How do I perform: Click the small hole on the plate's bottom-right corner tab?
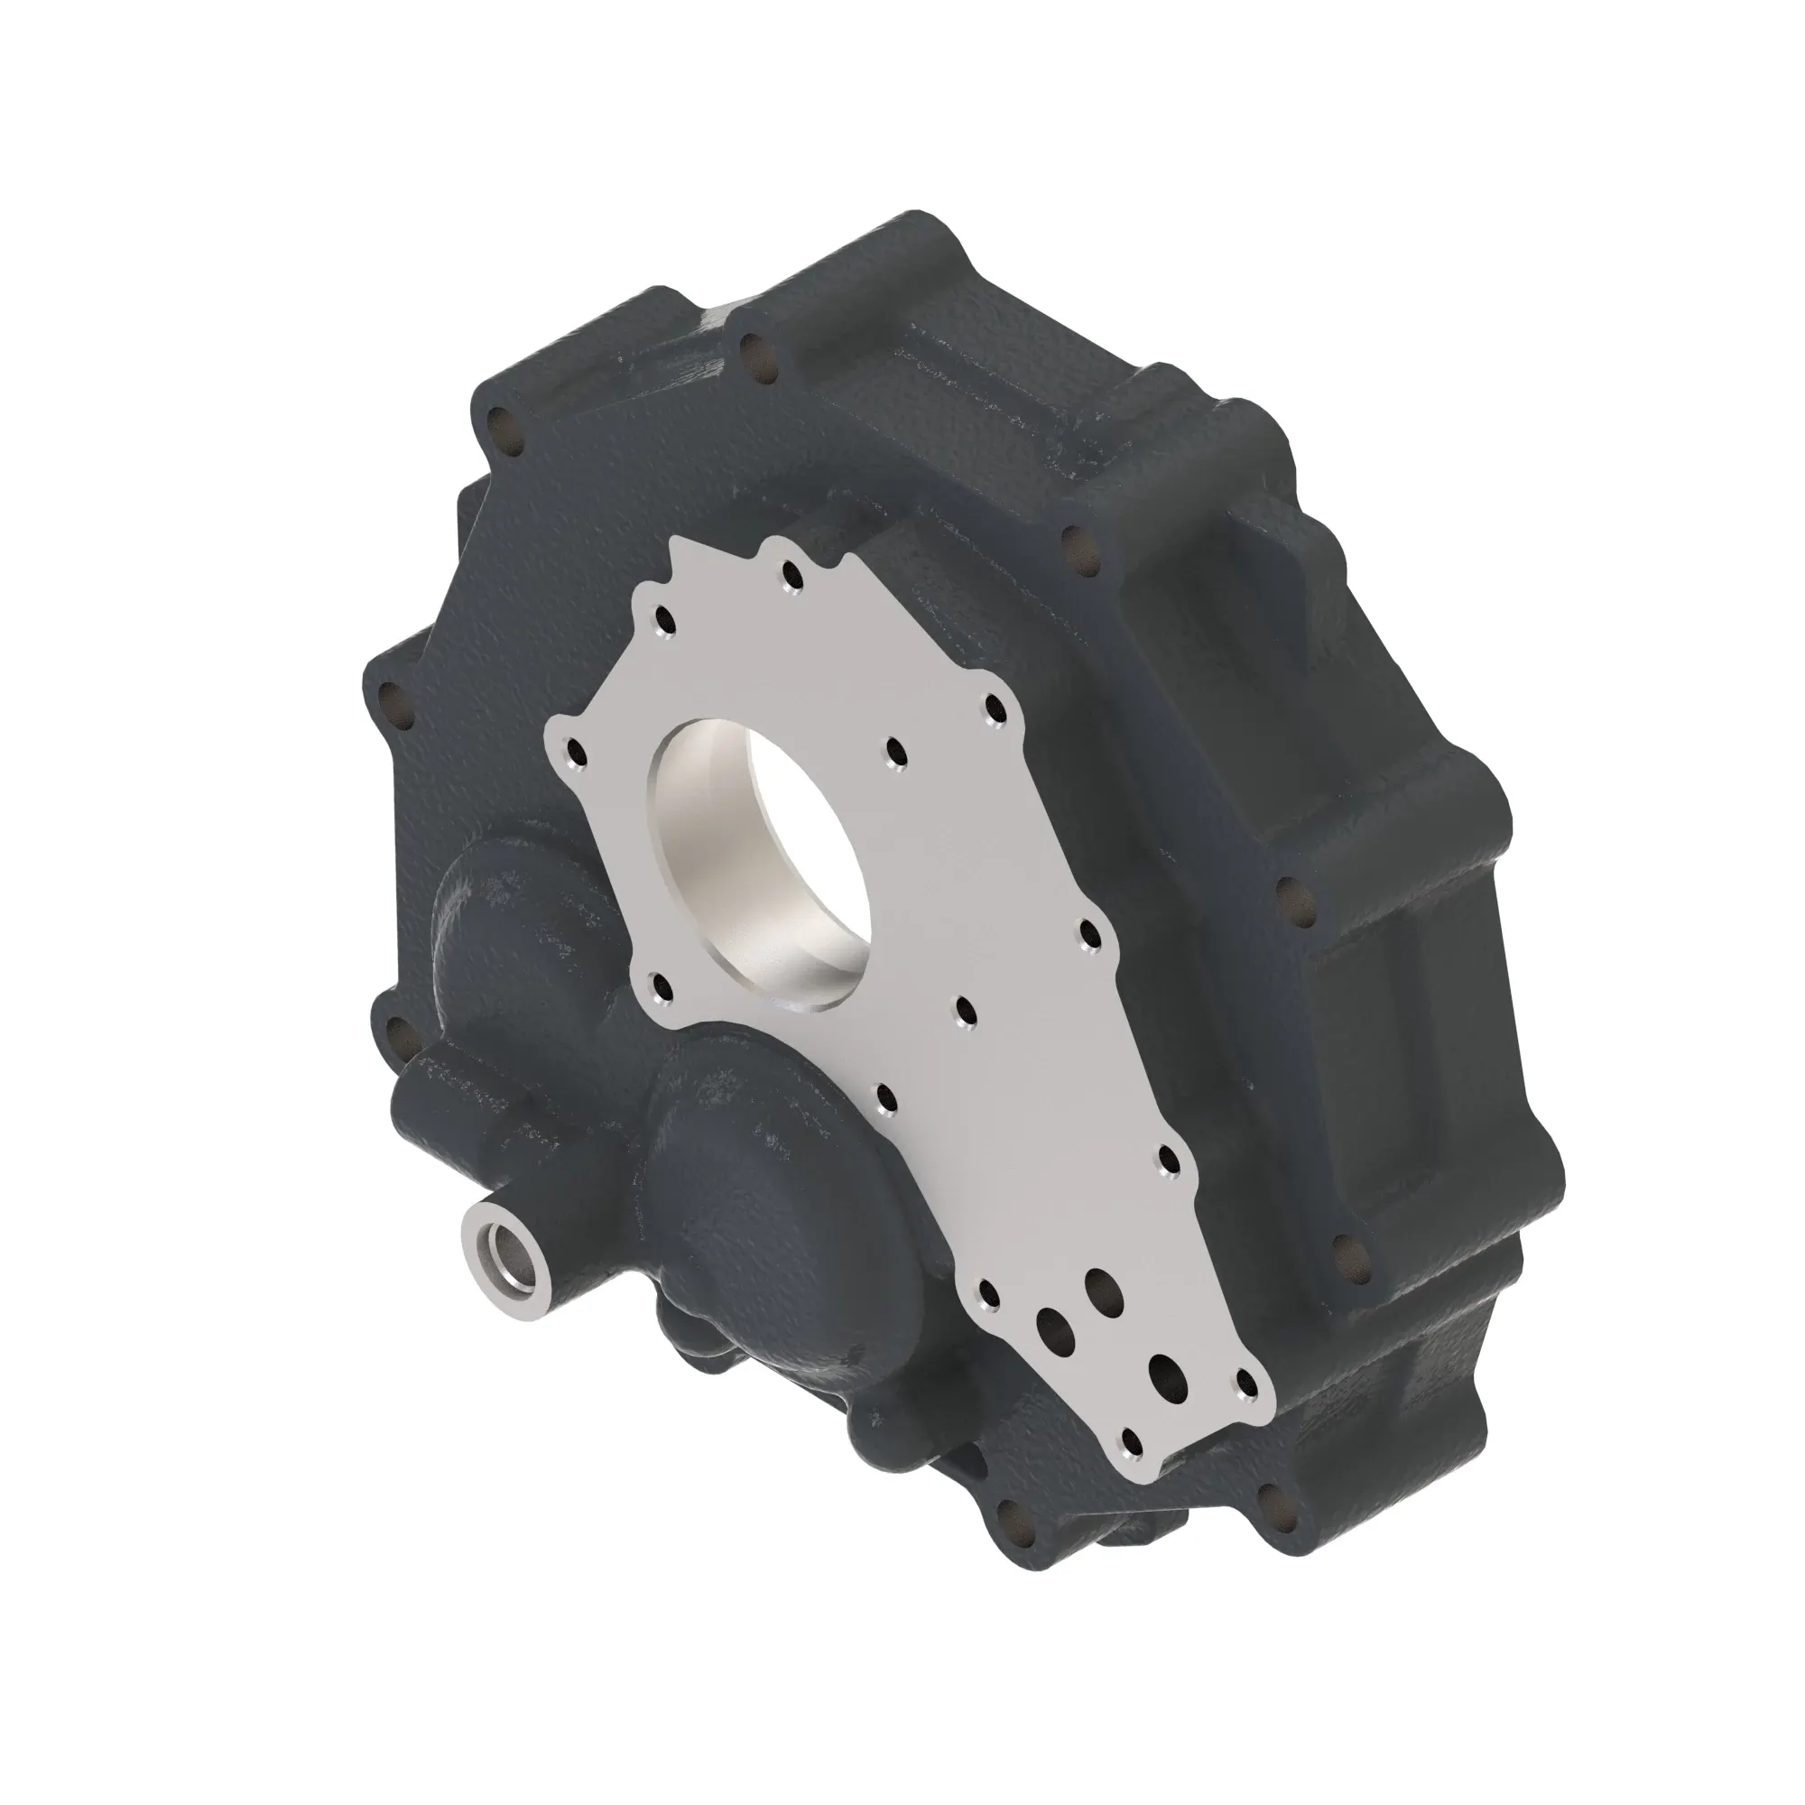[1249, 1383]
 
